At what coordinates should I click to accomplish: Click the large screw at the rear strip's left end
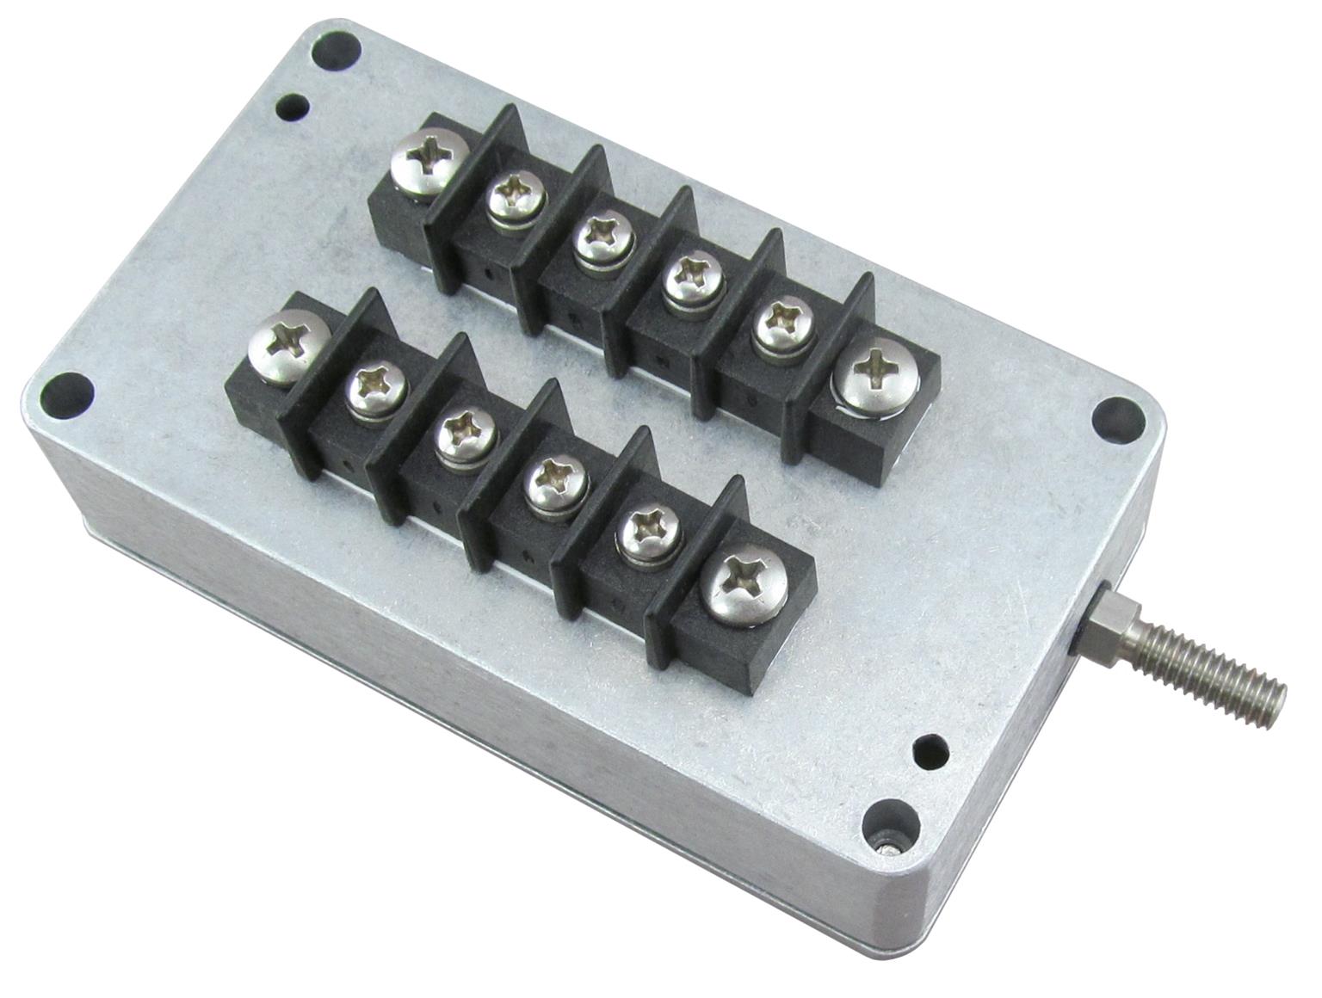[x=429, y=162]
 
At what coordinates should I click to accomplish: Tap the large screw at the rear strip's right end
[x=876, y=378]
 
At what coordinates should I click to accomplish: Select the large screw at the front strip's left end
[x=288, y=346]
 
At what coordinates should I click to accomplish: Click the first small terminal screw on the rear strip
[x=516, y=196]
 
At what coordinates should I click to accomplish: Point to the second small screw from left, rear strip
[x=603, y=238]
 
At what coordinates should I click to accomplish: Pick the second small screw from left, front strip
[x=466, y=433]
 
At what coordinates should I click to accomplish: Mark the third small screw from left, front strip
[x=556, y=482]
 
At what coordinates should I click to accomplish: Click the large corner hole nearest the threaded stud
[x=1116, y=417]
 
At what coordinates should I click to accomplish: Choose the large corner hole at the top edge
[x=333, y=50]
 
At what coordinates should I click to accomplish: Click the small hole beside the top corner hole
[x=292, y=108]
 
